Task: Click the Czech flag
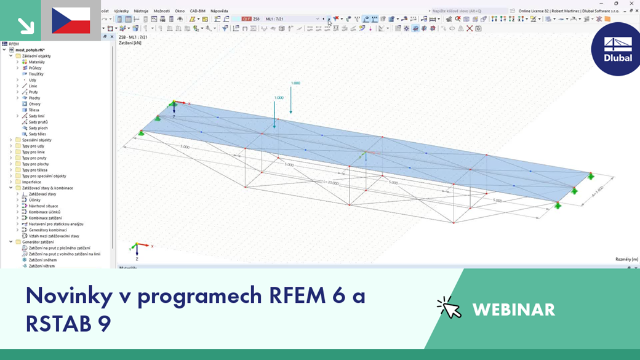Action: [x=71, y=20]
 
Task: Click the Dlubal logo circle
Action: [x=617, y=49]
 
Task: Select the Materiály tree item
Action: [x=36, y=62]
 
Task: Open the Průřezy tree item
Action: [x=35, y=68]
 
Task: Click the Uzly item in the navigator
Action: [x=32, y=80]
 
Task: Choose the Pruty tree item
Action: [x=33, y=92]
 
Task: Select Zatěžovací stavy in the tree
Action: [x=42, y=194]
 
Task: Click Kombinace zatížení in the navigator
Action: [x=45, y=218]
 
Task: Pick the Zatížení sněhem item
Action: [x=42, y=260]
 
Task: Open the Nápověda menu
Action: [x=219, y=11]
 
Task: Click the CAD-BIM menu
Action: [x=198, y=11]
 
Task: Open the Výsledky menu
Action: [x=121, y=11]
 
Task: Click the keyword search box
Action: [x=468, y=11]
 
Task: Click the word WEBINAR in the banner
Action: [x=513, y=310]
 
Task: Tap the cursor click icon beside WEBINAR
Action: [x=449, y=308]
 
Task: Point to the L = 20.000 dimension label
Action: [x=330, y=182]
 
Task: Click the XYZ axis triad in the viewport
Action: [x=138, y=248]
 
